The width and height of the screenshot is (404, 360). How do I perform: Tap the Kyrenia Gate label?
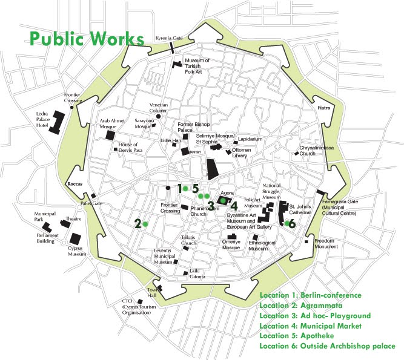pyautogui.click(x=168, y=37)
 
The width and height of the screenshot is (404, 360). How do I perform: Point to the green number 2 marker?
pyautogui.click(x=138, y=224)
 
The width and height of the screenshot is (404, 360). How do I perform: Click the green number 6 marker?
pyautogui.click(x=292, y=224)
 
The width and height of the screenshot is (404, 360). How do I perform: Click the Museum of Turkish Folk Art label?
pyautogui.click(x=197, y=65)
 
